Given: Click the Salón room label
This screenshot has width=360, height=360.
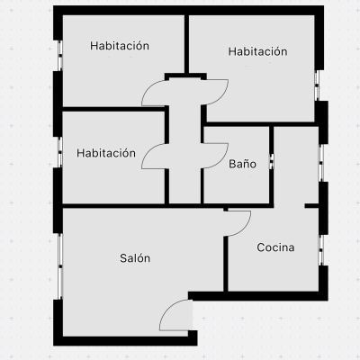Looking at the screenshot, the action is pyautogui.click(x=135, y=258).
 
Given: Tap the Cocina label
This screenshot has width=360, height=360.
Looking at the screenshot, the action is pyautogui.click(x=275, y=247).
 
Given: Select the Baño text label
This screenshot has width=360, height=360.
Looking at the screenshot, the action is pyautogui.click(x=242, y=164).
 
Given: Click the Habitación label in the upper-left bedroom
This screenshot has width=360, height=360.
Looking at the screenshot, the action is pyautogui.click(x=120, y=46).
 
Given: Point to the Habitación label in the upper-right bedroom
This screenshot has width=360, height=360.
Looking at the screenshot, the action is pyautogui.click(x=257, y=51).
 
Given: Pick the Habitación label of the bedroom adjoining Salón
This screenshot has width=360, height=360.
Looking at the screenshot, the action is pyautogui.click(x=106, y=153).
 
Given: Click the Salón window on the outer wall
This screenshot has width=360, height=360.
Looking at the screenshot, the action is pyautogui.click(x=60, y=266).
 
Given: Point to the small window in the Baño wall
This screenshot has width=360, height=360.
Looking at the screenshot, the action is pyautogui.click(x=271, y=161).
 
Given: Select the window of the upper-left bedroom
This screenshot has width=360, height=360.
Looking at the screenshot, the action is pyautogui.click(x=60, y=56).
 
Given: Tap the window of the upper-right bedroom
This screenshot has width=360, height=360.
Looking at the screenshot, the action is pyautogui.click(x=317, y=85).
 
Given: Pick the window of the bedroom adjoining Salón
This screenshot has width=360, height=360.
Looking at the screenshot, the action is pyautogui.click(x=60, y=152).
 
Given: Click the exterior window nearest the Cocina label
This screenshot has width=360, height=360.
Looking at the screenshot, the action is pyautogui.click(x=320, y=250).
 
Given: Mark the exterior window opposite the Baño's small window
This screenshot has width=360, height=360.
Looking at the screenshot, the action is pyautogui.click(x=320, y=163).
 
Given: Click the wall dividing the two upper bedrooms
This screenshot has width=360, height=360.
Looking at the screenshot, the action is pyautogui.click(x=186, y=44).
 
